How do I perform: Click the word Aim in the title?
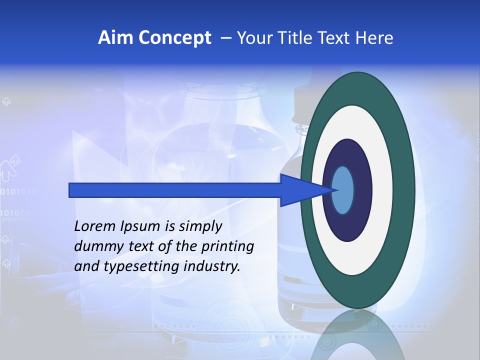[116, 38]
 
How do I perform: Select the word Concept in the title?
[175, 38]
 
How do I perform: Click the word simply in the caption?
[200, 227]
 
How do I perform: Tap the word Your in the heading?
[253, 38]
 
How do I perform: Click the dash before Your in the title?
[226, 38]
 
